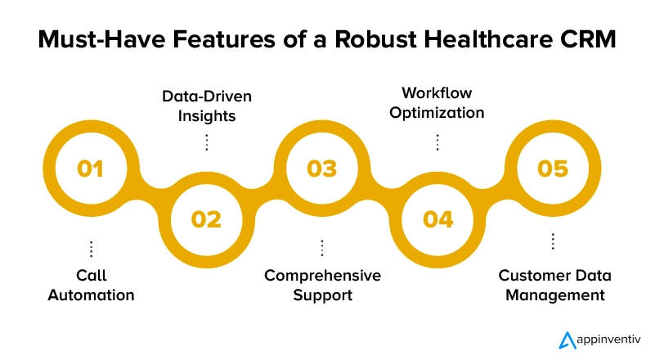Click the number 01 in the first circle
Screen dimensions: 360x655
tap(91, 169)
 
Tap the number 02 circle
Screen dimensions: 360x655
tap(206, 219)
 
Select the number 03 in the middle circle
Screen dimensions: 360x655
tap(322, 169)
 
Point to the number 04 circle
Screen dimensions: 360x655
tap(437, 219)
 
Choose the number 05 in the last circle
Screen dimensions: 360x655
tap(553, 169)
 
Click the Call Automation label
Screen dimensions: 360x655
tap(91, 285)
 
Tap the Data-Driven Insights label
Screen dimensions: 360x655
tap(206, 106)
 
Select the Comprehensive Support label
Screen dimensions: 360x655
tap(322, 285)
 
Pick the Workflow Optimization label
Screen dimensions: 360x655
tap(437, 103)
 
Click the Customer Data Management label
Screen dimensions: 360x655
tap(554, 285)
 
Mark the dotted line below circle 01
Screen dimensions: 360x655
tap(91, 249)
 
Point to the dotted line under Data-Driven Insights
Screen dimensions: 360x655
tap(206, 142)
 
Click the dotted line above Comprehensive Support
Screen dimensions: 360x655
tap(322, 248)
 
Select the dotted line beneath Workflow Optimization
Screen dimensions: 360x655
tap(437, 142)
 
